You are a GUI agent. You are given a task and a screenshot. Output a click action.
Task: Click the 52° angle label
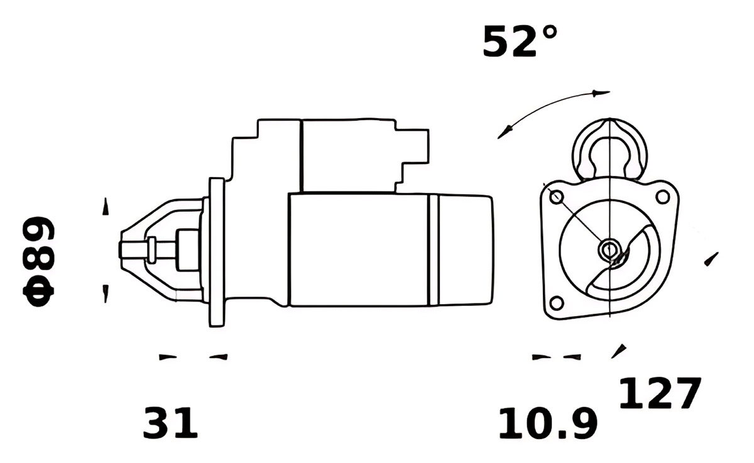[520, 41]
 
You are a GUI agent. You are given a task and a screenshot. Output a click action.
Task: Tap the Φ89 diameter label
[38, 261]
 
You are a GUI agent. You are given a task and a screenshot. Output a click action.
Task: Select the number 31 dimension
[170, 423]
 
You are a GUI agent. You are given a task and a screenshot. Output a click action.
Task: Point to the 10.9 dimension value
[549, 423]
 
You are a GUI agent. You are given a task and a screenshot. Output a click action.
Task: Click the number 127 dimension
[660, 393]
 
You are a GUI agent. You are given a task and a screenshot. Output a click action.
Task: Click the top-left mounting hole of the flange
[556, 197]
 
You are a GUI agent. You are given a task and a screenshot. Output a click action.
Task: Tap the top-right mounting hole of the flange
[662, 197]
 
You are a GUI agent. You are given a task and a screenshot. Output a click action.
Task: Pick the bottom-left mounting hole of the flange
[557, 303]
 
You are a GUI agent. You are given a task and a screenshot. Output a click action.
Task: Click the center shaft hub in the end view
[609, 249]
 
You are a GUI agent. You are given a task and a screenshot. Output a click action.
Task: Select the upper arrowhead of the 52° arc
[601, 93]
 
